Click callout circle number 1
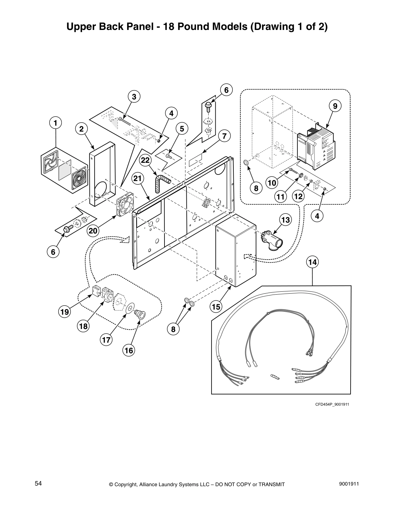pos(55,123)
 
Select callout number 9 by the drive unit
pos(335,106)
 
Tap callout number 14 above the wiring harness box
pos(312,262)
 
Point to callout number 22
pos(145,160)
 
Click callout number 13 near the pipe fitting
pos(285,220)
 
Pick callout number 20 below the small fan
pos(93,231)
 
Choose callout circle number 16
pos(129,350)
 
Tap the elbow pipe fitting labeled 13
pos(269,240)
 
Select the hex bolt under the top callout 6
pos(208,105)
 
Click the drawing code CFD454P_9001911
pos(332,404)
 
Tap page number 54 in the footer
pos(38,484)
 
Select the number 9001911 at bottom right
pos(350,484)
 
